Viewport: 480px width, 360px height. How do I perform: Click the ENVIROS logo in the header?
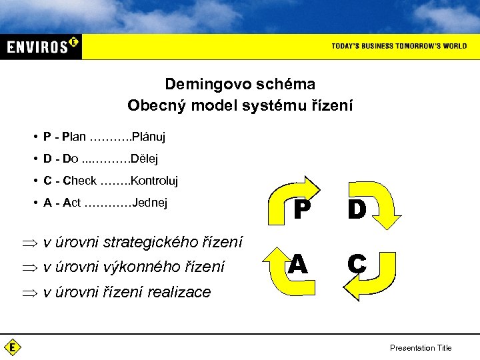point(42,46)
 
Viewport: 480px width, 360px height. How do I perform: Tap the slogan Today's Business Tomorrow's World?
point(399,46)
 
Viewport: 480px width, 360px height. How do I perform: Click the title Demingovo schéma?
point(240,85)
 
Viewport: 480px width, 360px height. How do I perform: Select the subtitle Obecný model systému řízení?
point(240,105)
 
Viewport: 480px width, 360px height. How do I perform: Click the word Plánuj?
point(148,137)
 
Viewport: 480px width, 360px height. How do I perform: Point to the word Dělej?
point(144,159)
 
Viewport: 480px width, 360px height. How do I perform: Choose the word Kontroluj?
point(154,181)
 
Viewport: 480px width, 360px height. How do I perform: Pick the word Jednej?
point(150,203)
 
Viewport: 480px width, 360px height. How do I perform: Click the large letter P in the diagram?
point(301,210)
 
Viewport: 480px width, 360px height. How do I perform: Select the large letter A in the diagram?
point(298,265)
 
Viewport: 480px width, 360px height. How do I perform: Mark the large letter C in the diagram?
point(357,265)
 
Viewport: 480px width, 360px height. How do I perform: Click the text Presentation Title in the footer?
point(421,347)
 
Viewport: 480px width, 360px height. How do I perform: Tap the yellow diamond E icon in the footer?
point(12,347)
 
